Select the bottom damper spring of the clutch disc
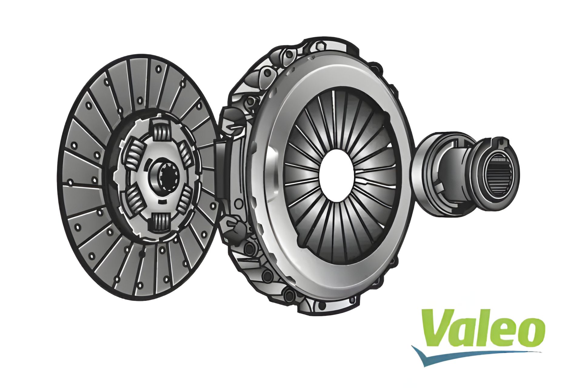(x=161, y=223)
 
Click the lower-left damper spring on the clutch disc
(x=134, y=200)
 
